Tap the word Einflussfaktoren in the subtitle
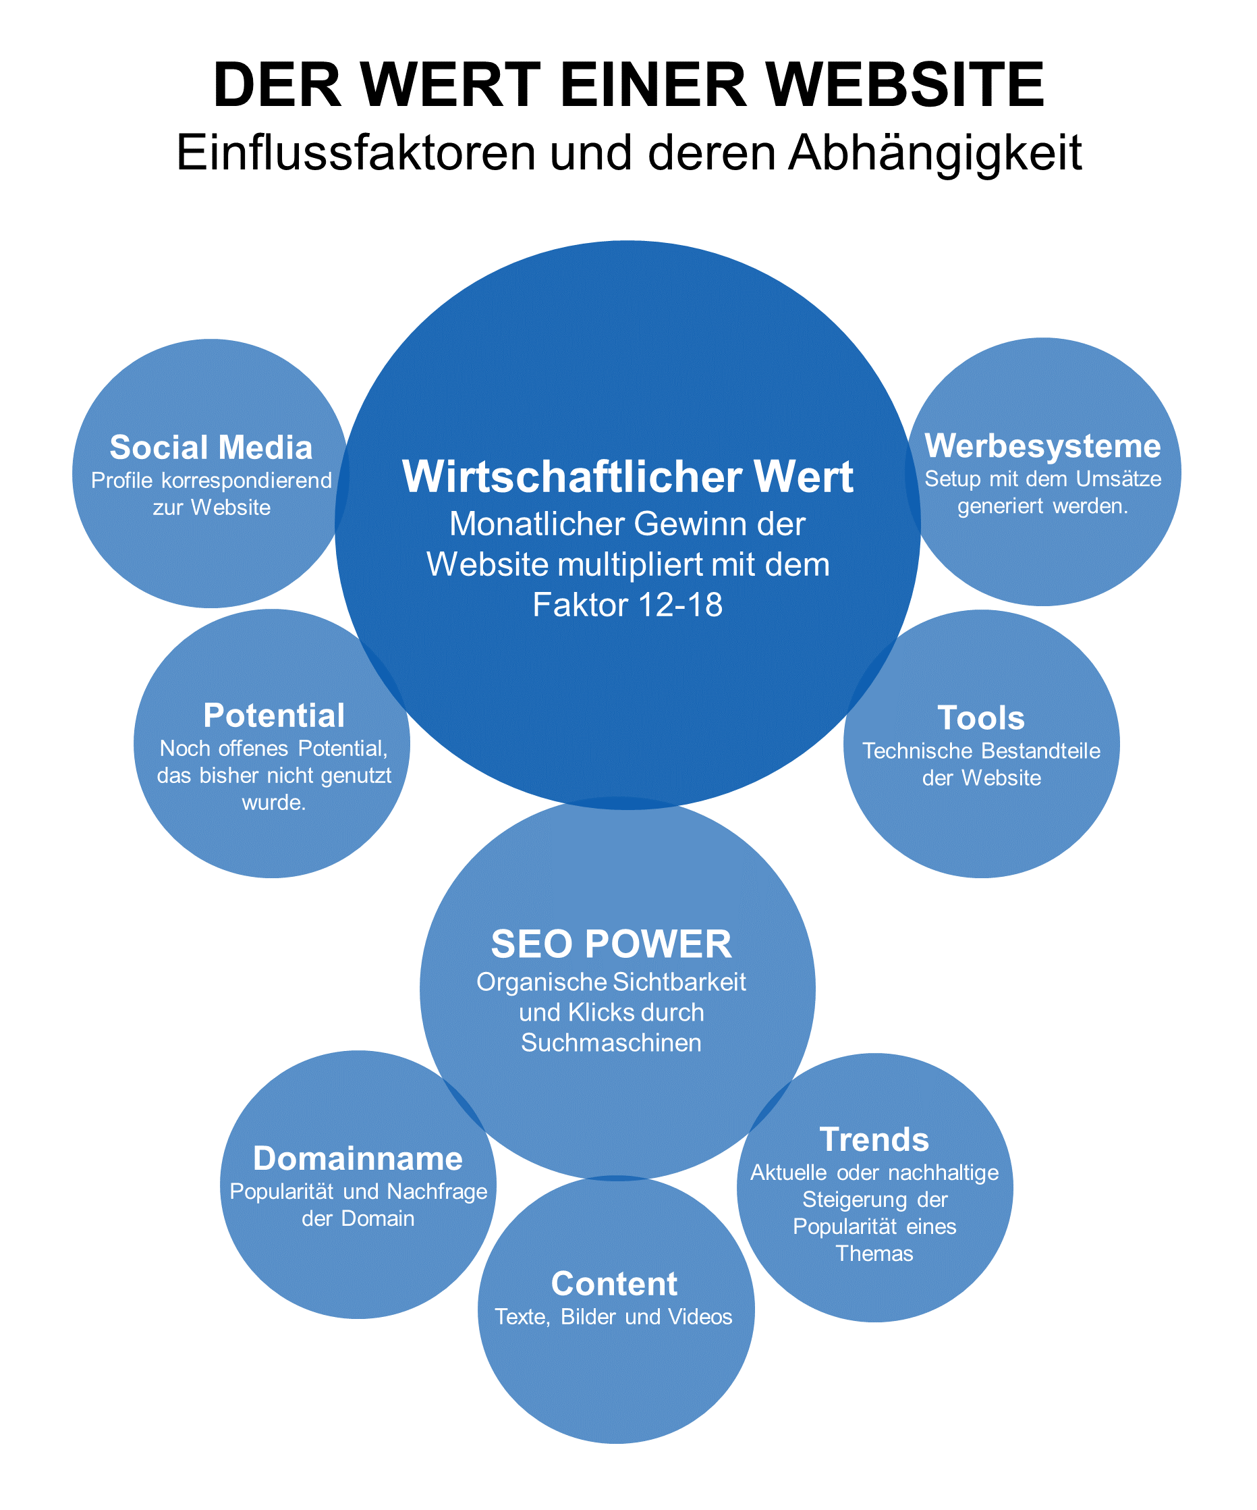[x=356, y=153]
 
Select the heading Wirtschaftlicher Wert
[x=627, y=476]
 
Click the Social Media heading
[x=211, y=448]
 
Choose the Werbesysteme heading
[x=1042, y=446]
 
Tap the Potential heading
[x=274, y=716]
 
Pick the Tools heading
[x=981, y=718]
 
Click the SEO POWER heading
[x=611, y=944]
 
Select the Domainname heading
[x=358, y=1158]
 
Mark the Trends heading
[x=874, y=1139]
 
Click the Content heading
[x=615, y=1283]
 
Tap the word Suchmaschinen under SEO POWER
[x=611, y=1043]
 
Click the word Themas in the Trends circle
[x=874, y=1253]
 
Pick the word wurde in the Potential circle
[x=273, y=803]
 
